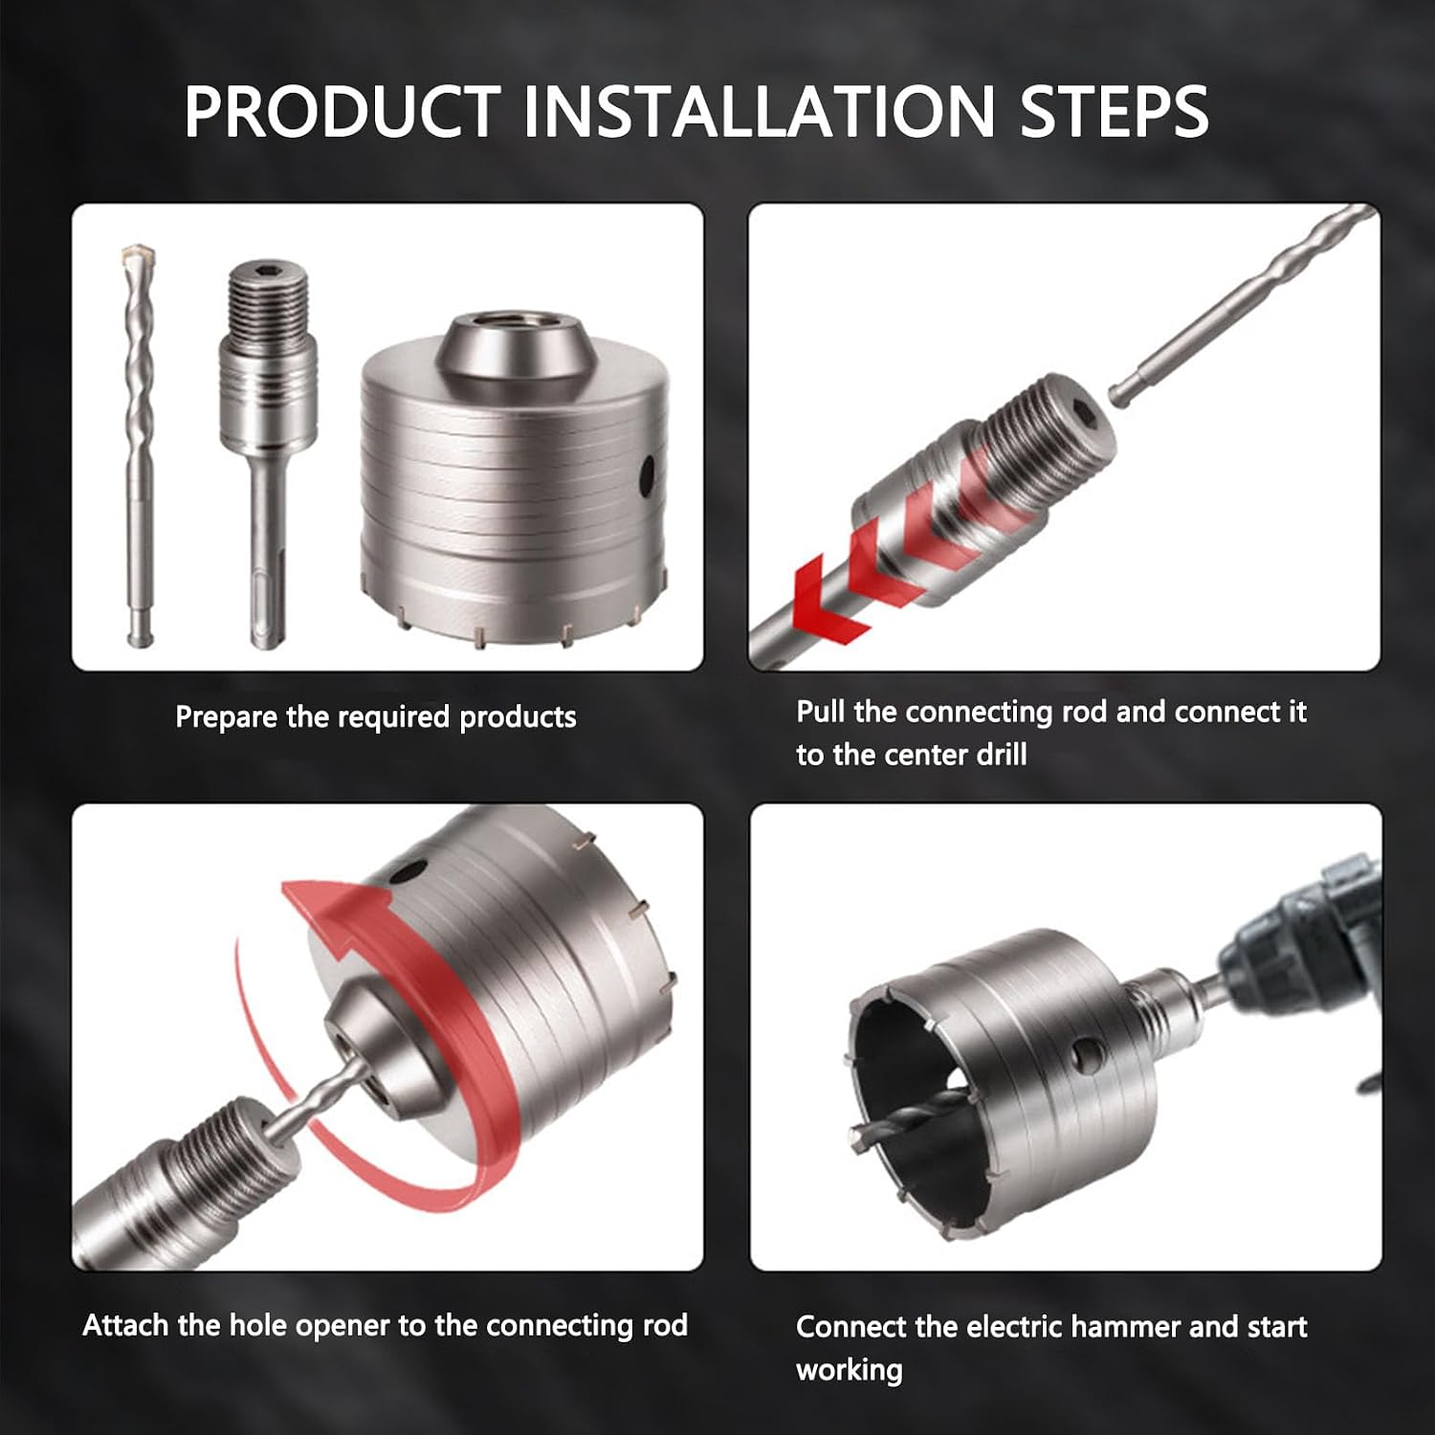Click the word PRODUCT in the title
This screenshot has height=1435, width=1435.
[x=342, y=112]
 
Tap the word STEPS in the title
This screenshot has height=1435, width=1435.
[x=1114, y=112]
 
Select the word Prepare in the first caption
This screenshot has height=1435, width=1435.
[x=226, y=717]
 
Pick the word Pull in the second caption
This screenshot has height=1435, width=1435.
[x=821, y=712]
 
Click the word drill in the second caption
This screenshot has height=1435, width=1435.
[x=1001, y=755]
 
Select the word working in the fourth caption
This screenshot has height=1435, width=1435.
[x=850, y=1371]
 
